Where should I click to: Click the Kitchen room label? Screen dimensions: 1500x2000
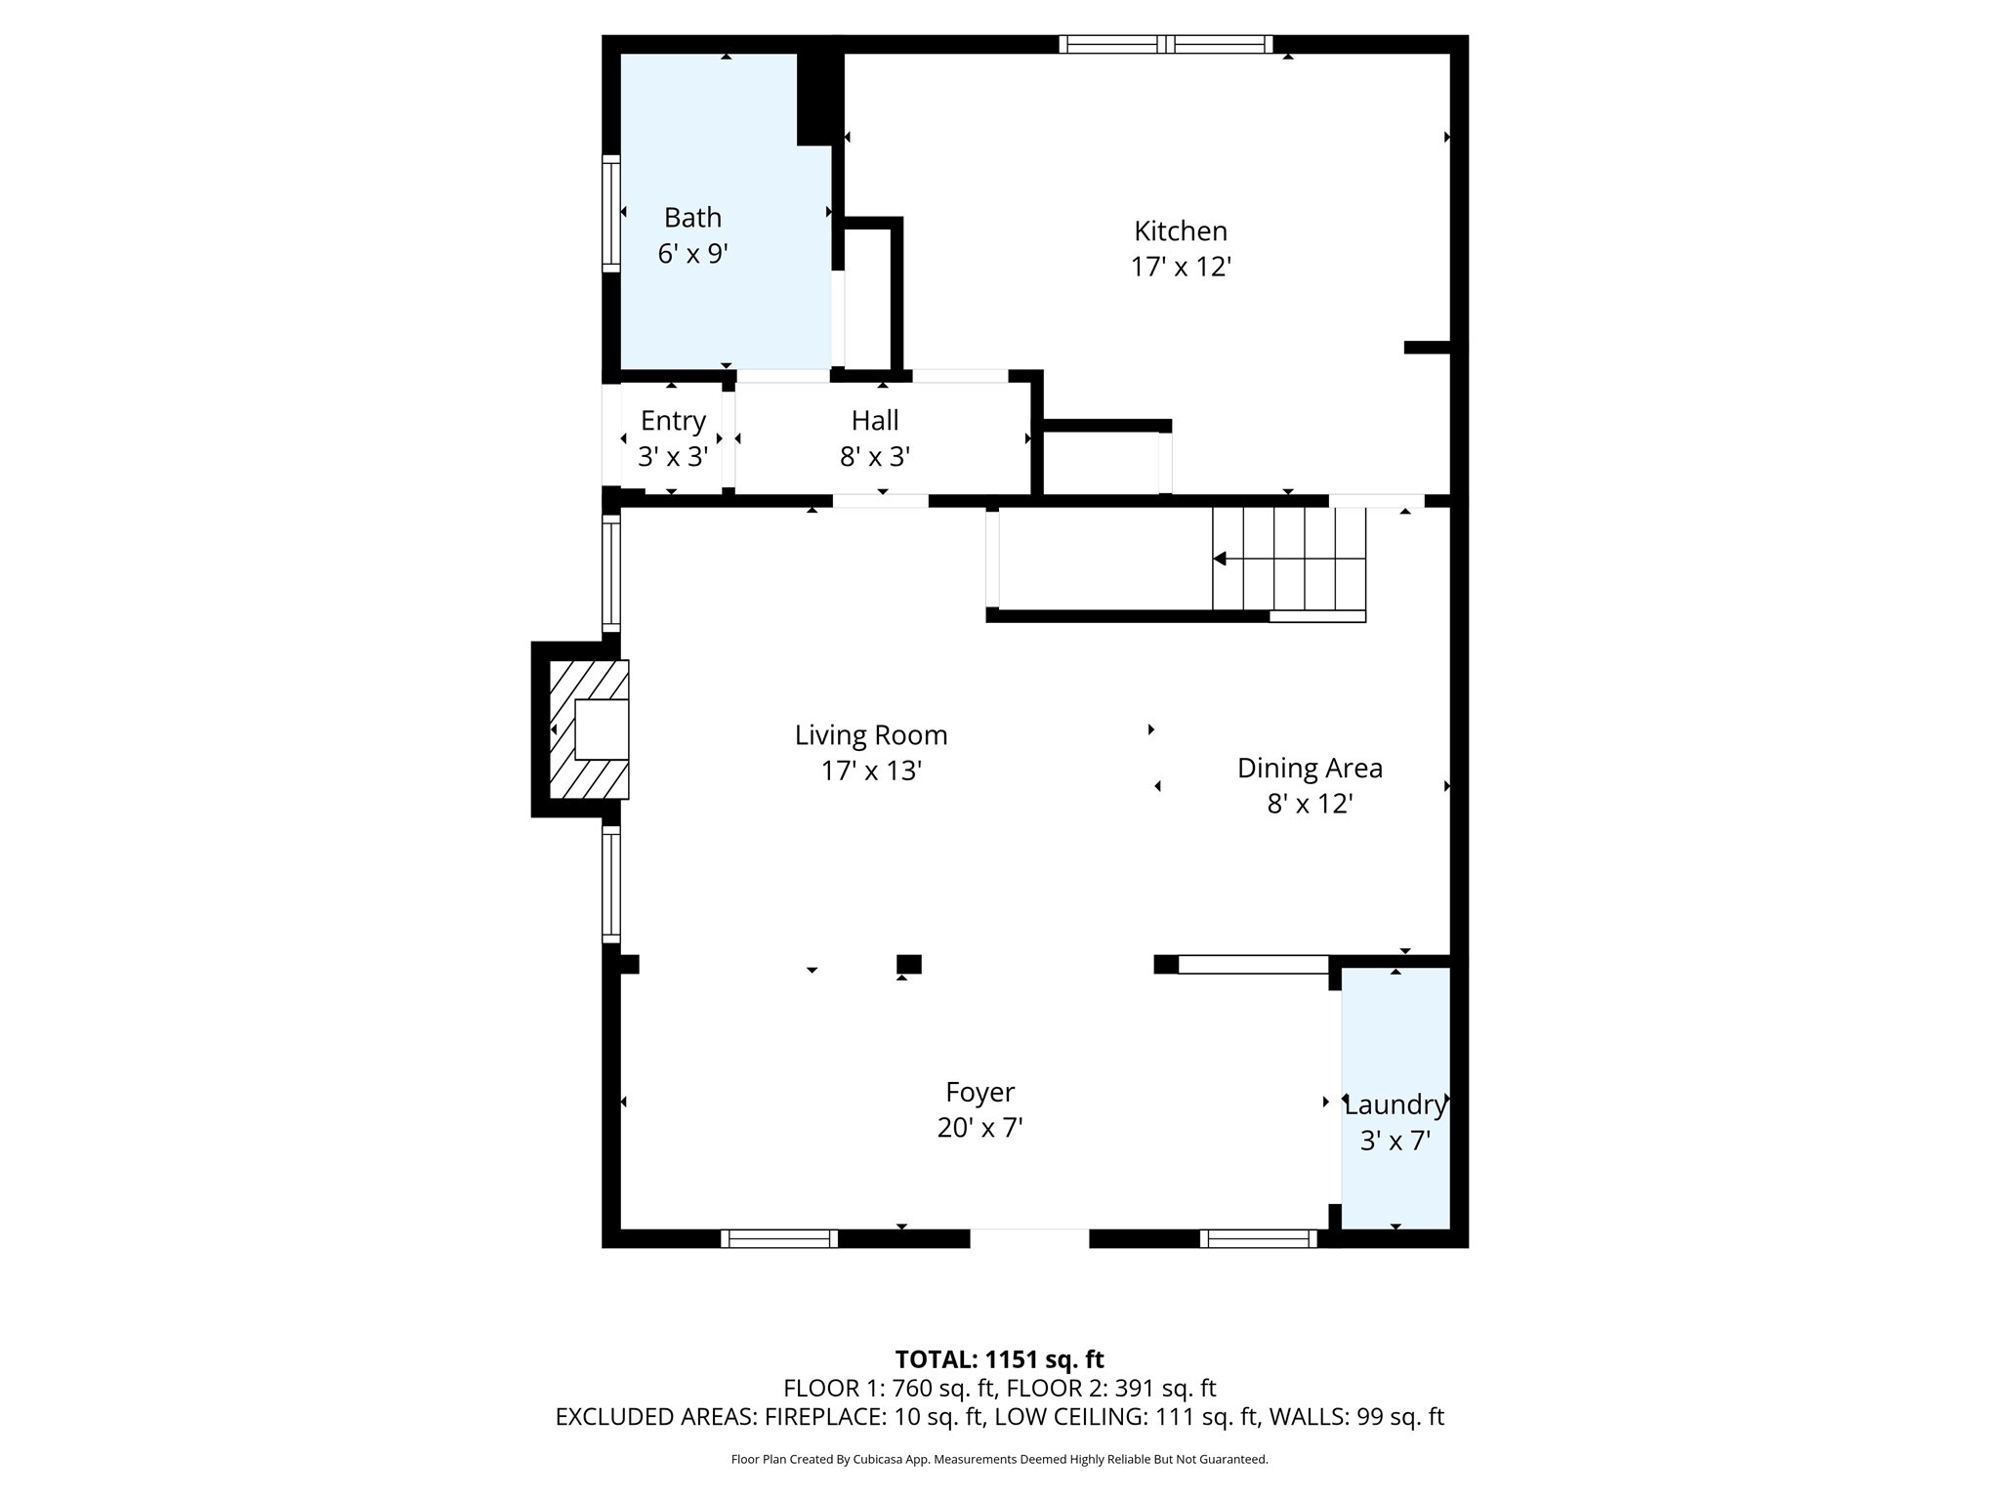tap(1180, 231)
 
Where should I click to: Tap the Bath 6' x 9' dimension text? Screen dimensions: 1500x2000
tap(692, 254)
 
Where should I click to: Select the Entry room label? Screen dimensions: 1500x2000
tap(673, 421)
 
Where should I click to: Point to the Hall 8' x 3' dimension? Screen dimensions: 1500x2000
tap(875, 457)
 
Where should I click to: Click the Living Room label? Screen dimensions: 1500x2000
tap(870, 735)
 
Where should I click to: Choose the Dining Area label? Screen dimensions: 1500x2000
tap(1309, 769)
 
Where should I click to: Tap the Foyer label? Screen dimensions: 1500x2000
tap(979, 1092)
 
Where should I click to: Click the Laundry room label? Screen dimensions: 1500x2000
tap(1395, 1105)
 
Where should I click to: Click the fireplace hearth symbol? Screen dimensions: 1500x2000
tap(590, 729)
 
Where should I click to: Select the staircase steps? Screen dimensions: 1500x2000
tap(1289, 560)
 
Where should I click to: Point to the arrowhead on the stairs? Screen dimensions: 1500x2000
tap(1220, 559)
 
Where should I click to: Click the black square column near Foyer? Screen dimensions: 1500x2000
tap(908, 965)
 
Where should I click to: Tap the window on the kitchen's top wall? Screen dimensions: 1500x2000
tap(1166, 44)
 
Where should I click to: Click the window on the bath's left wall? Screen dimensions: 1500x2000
tap(610, 213)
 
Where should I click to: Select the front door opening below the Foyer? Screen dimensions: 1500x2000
tap(1029, 1238)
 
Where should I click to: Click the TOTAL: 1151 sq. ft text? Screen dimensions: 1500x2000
tap(999, 1359)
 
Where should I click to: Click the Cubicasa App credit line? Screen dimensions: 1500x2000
tap(999, 1460)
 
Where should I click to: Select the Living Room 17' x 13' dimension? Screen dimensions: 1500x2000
tap(871, 771)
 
